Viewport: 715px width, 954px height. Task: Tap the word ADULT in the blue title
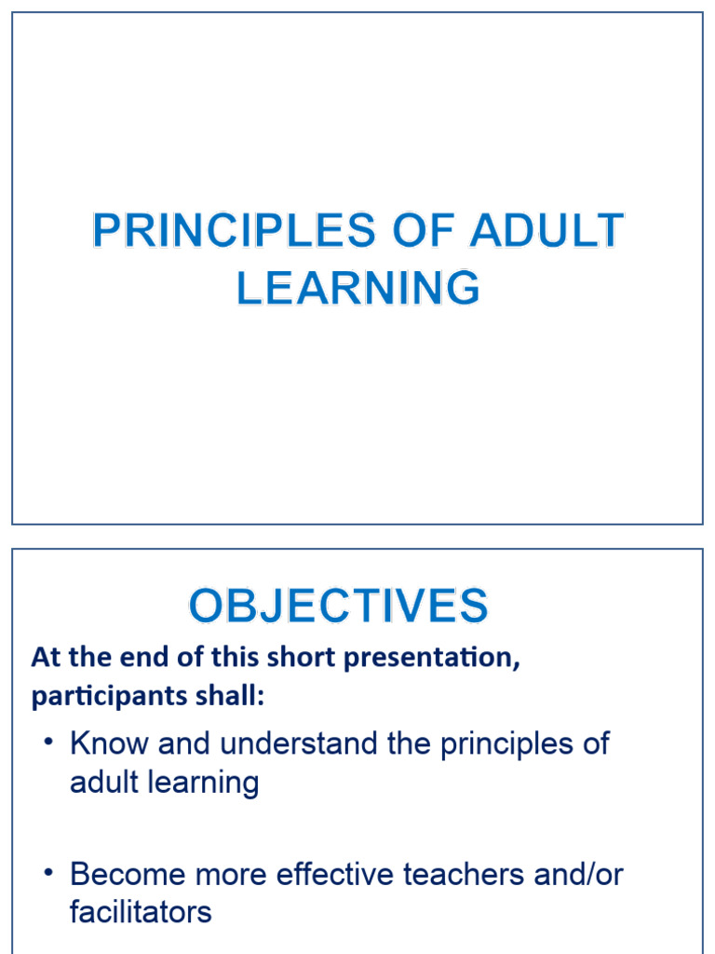[546, 232]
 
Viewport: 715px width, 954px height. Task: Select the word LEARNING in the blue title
[358, 288]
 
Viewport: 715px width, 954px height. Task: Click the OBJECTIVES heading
[338, 606]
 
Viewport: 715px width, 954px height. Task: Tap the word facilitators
[141, 912]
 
